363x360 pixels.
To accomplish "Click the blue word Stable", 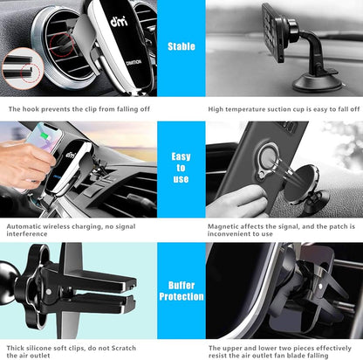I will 181,46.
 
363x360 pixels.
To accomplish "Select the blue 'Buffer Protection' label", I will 181,290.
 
